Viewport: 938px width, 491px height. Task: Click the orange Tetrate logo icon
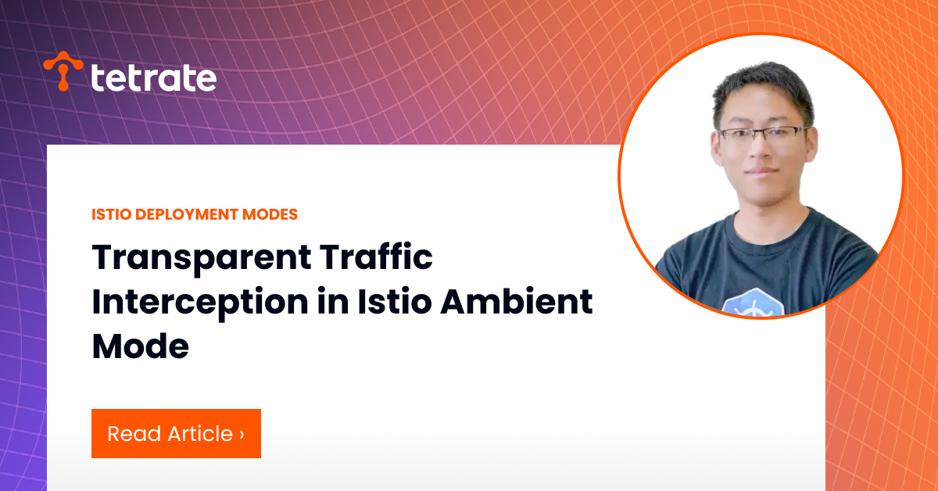[63, 71]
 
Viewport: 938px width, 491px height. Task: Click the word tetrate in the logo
[154, 77]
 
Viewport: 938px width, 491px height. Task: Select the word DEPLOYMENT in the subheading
[187, 214]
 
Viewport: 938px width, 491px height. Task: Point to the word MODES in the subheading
[270, 214]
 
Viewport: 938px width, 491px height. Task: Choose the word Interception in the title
[200, 303]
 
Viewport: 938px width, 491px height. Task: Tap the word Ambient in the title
[517, 301]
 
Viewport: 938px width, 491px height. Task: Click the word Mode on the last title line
[140, 346]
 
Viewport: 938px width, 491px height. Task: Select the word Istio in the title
[395, 301]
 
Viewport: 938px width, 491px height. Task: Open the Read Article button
[177, 434]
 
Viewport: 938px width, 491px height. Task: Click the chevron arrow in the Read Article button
[242, 435]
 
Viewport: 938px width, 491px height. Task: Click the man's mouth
[761, 172]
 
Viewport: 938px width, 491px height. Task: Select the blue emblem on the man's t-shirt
[754, 303]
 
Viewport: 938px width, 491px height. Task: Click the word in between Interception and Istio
[333, 301]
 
